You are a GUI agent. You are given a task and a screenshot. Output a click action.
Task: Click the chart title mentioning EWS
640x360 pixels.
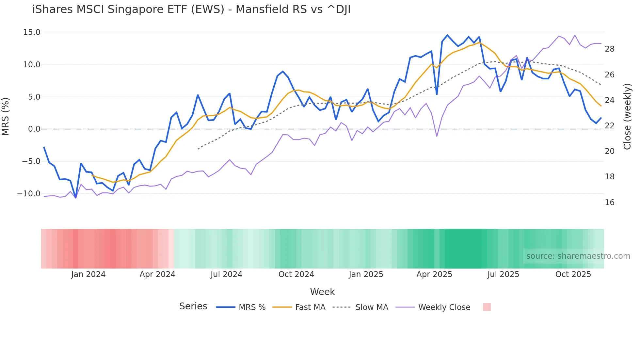coord(191,9)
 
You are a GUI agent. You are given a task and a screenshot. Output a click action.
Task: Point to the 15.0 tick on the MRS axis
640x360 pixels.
coord(32,32)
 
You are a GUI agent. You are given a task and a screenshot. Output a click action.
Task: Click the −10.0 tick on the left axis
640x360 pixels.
coord(29,193)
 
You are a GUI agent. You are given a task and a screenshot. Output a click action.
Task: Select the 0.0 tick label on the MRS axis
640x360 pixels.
coord(34,129)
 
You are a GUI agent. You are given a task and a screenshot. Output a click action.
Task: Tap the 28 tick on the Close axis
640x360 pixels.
coord(609,49)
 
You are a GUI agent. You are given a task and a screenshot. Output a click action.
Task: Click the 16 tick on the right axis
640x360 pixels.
coord(609,203)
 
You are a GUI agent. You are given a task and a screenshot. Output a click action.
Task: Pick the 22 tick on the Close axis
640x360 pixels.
coord(609,126)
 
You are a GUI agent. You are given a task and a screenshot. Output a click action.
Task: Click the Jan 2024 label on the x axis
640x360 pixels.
coord(88,274)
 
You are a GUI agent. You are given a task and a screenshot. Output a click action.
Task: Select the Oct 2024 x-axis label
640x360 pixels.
coord(296,274)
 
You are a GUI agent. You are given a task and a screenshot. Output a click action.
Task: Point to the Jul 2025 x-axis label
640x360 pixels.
coord(503,274)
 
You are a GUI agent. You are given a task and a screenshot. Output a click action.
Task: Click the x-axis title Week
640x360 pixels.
coord(322,292)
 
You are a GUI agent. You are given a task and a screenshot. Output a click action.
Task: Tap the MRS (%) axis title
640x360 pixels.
coord(6,116)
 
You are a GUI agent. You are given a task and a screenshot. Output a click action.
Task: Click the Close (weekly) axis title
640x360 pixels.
coord(627,116)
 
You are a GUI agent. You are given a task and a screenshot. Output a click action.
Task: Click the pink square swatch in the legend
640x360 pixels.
coord(487,307)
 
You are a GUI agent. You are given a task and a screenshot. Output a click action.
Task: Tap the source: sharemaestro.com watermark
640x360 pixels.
coord(578,256)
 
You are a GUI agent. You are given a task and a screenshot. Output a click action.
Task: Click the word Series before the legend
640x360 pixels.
coord(193,306)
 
